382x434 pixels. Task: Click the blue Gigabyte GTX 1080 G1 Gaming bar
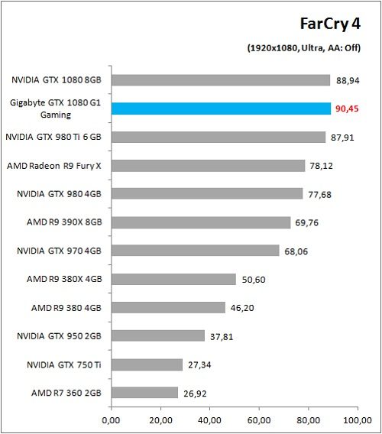221,108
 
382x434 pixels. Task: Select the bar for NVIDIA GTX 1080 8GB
221,80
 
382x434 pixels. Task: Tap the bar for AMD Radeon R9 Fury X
208,165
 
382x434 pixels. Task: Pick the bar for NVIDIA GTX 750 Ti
147,364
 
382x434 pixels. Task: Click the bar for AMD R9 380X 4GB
173,279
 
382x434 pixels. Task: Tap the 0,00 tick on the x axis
112,419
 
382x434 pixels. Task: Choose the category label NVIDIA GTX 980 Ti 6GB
53,138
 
